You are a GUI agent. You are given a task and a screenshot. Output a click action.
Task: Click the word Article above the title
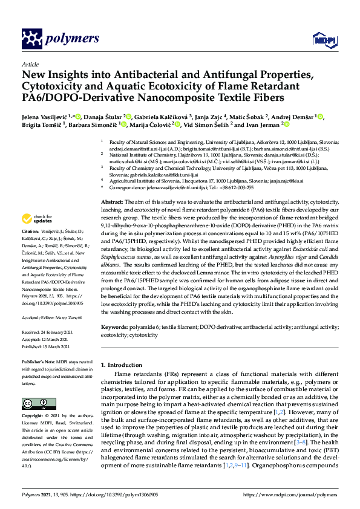pyautogui.click(x=30, y=63)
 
